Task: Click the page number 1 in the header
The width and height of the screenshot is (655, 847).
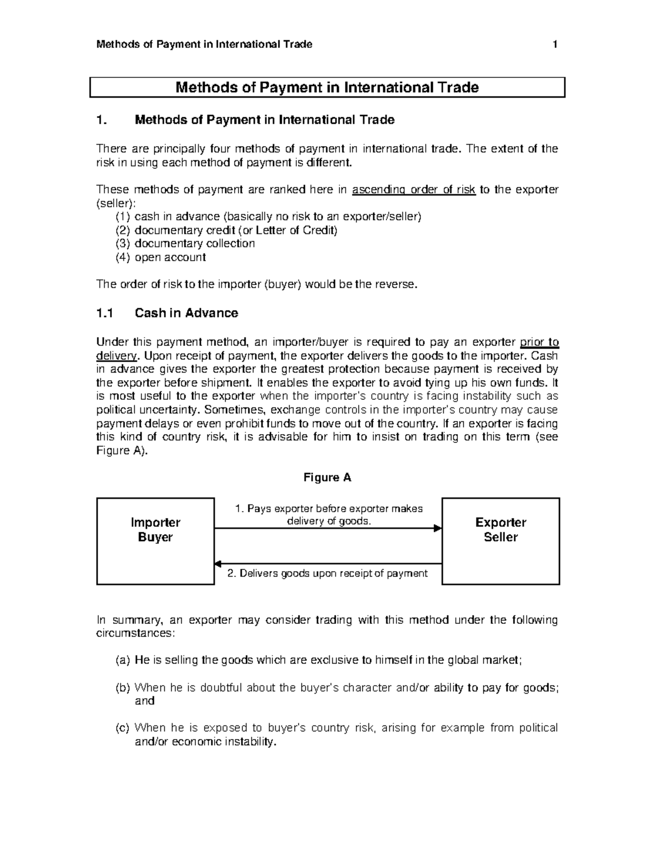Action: tap(555, 45)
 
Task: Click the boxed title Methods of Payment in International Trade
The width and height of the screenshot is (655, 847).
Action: tap(327, 88)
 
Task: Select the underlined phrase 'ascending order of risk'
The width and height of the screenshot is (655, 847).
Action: tap(414, 190)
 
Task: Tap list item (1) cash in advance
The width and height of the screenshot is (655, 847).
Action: tap(269, 217)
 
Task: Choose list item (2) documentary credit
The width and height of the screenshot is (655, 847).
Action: tap(227, 230)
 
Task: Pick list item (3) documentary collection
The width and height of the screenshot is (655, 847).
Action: tap(185, 243)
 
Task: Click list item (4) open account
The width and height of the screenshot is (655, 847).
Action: tap(160, 257)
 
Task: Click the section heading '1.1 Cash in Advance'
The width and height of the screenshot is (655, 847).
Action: tap(167, 313)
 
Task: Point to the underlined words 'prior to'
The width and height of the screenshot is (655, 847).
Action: tap(539, 343)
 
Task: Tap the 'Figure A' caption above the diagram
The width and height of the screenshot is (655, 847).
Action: tap(327, 478)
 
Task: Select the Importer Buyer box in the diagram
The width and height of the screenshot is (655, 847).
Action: tap(156, 541)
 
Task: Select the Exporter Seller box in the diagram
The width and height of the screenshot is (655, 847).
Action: tap(501, 541)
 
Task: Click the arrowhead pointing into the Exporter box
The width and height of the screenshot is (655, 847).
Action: tap(437, 528)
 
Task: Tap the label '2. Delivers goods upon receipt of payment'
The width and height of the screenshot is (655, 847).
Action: tap(327, 573)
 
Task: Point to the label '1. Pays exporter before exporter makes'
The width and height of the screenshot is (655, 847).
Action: tap(329, 509)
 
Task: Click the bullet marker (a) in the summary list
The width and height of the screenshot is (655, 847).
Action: tap(122, 660)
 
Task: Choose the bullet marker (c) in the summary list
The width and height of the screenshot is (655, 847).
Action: tap(122, 728)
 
